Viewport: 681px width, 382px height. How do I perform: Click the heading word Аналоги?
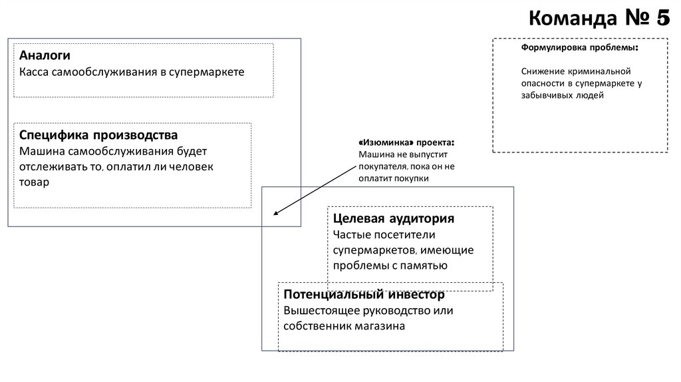(45, 55)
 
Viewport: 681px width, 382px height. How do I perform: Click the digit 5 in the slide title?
(660, 19)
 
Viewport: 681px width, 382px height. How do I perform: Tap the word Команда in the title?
(569, 19)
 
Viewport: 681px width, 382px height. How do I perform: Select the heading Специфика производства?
(98, 136)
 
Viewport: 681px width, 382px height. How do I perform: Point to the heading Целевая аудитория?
(393, 218)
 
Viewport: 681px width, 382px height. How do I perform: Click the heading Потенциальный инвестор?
(364, 295)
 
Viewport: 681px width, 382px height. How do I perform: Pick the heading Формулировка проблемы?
(579, 49)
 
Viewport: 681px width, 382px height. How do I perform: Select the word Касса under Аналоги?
(35, 71)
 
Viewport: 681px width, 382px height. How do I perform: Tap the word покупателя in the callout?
(381, 166)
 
